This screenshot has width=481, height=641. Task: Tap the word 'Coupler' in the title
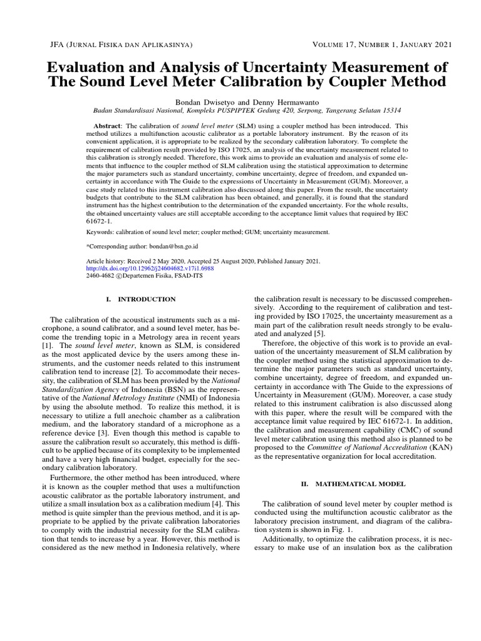click(x=359, y=82)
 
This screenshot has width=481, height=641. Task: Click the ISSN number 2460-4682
click(x=100, y=275)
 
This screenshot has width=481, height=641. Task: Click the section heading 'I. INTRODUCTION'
click(x=139, y=300)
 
